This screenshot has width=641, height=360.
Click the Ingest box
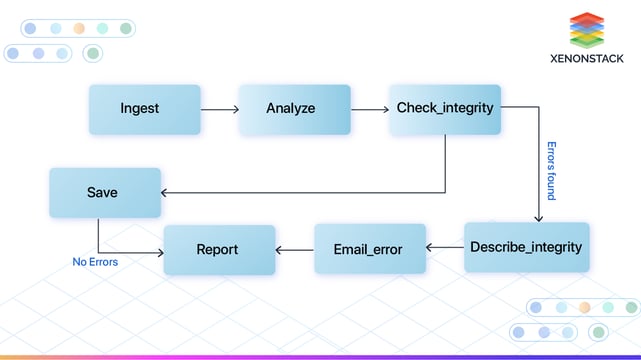(139, 110)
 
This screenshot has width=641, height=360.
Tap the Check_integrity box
(445, 109)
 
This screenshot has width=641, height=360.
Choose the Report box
(219, 250)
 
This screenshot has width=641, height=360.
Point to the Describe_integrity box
(526, 248)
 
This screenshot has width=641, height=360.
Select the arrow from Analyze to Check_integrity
(369, 109)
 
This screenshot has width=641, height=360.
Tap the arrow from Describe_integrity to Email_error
(444, 247)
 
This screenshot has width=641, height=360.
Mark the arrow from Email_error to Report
(294, 250)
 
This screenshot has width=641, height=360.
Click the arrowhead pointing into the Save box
(166, 192)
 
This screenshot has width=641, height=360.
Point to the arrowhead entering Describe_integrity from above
(539, 218)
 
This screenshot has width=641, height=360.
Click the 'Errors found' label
(550, 170)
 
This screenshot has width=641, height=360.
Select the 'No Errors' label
(95, 262)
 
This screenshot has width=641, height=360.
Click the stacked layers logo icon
(587, 30)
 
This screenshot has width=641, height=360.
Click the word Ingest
(139, 109)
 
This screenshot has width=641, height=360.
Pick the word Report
(217, 250)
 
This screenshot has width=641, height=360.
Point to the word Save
(102, 192)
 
